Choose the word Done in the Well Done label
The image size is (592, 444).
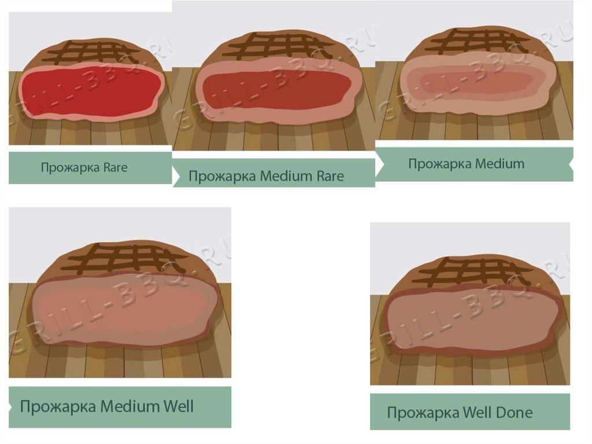coord(513,413)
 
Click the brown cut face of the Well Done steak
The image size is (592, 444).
coord(471,321)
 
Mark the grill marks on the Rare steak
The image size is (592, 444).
coord(92,52)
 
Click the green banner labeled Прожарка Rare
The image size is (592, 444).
coord(90,168)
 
